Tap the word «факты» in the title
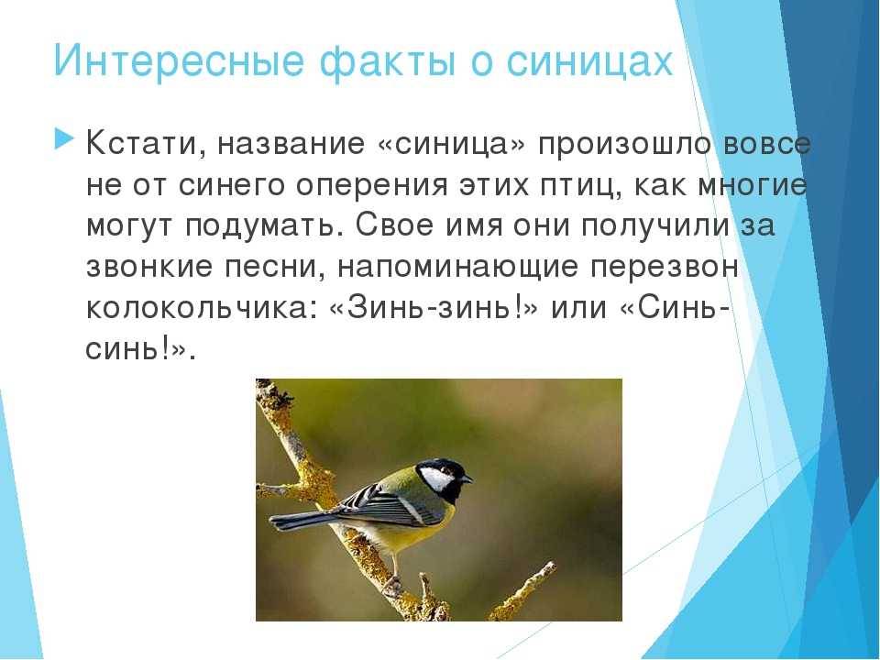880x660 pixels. click(387, 60)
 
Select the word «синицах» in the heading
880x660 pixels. click(589, 60)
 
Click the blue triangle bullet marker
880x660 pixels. click(64, 138)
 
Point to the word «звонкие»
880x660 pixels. click(149, 267)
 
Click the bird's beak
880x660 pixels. click(466, 479)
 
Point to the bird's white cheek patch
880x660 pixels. click(436, 478)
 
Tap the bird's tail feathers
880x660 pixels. click(301, 520)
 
